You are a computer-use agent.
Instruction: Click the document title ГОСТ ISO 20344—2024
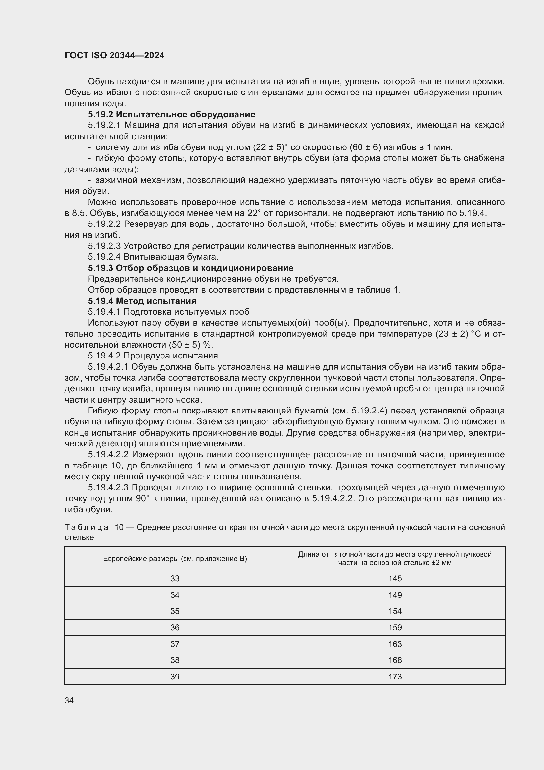pos(114,56)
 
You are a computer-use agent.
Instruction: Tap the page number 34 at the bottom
pos(69,700)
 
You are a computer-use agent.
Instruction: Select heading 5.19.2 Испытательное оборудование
pos(171,114)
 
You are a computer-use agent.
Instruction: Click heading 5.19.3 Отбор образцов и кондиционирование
pos(191,268)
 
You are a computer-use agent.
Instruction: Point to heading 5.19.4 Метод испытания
pos(142,301)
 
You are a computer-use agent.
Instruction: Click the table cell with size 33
pos(175,578)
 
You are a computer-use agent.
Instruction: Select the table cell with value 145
pos(395,578)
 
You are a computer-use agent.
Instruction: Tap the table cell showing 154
pos(395,611)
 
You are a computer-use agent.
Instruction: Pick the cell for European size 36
pos(175,627)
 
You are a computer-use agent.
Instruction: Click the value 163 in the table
pos(395,644)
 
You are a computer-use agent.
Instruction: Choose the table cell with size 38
pos(175,660)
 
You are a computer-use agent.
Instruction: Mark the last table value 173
pos(395,677)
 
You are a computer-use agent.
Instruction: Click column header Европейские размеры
pos(175,559)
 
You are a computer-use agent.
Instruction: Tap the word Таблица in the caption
pos(87,527)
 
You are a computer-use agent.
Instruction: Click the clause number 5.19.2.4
pos(105,257)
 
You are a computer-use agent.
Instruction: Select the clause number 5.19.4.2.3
pos(108,487)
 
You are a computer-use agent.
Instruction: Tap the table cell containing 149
pos(395,595)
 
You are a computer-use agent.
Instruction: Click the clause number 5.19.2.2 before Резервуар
pos(105,224)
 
